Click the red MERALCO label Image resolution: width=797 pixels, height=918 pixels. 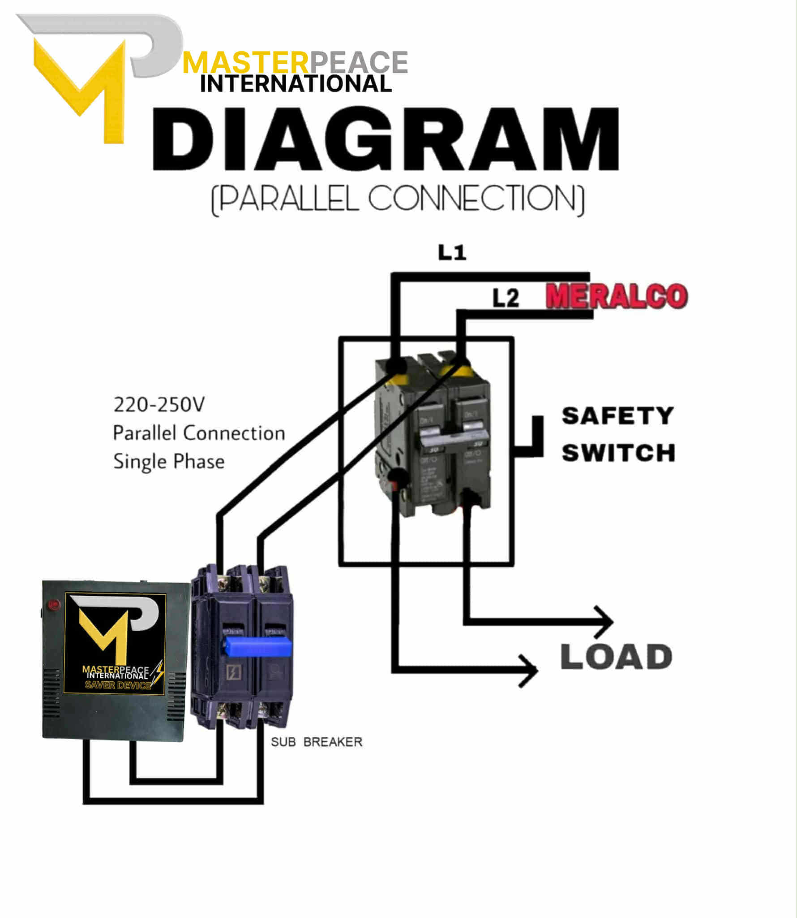[x=617, y=296]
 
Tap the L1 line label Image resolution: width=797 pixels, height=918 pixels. [x=452, y=253]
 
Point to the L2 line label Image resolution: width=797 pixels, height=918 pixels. [x=506, y=298]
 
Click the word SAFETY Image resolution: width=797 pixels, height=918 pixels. [x=617, y=416]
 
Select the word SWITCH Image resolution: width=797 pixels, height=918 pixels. [x=618, y=453]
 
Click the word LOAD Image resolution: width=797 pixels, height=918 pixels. [x=616, y=657]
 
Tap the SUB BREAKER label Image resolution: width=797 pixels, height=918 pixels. [x=316, y=742]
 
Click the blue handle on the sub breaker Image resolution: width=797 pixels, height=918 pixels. [x=257, y=647]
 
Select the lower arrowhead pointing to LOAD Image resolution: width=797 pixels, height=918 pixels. [x=530, y=671]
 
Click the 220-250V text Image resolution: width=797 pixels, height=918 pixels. [x=159, y=405]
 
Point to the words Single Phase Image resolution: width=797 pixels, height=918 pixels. [x=169, y=461]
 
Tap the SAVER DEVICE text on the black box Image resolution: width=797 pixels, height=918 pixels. [x=118, y=685]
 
